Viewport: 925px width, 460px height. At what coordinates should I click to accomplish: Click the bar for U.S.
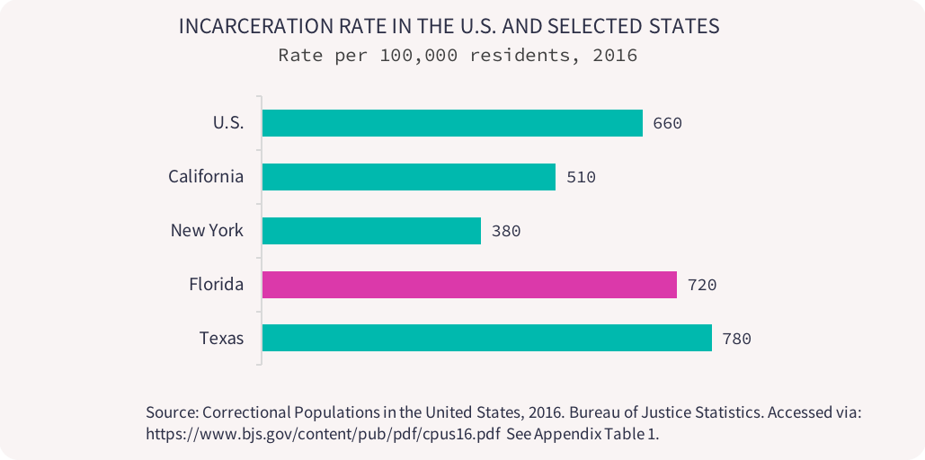[452, 123]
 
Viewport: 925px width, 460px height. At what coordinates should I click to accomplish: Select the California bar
[409, 177]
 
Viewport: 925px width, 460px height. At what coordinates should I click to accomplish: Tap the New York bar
[371, 231]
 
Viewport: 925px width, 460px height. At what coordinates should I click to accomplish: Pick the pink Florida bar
[469, 285]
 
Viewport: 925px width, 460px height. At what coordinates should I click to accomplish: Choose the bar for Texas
[486, 339]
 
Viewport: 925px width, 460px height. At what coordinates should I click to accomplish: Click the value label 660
[668, 123]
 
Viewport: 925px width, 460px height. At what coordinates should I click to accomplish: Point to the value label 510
[581, 177]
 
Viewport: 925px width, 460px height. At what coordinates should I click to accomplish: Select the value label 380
[506, 231]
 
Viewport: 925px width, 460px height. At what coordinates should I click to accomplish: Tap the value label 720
[702, 285]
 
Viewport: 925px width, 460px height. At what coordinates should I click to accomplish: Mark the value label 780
[736, 339]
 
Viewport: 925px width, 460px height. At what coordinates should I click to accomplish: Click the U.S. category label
[227, 123]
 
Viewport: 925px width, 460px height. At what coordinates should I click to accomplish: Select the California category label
[206, 177]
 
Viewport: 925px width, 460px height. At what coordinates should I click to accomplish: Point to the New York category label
[207, 231]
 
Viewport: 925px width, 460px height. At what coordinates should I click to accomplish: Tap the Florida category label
[216, 285]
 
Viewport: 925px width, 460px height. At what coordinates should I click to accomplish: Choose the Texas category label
[221, 339]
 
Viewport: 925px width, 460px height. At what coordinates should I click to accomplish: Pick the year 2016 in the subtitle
[617, 55]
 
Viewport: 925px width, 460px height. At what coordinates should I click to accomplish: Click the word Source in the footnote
[172, 412]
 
